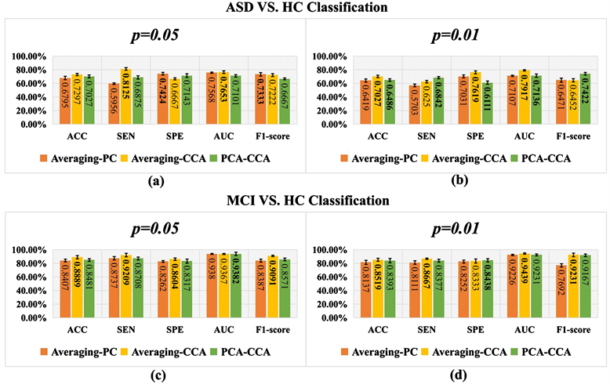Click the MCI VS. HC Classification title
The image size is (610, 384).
tap(305, 200)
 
